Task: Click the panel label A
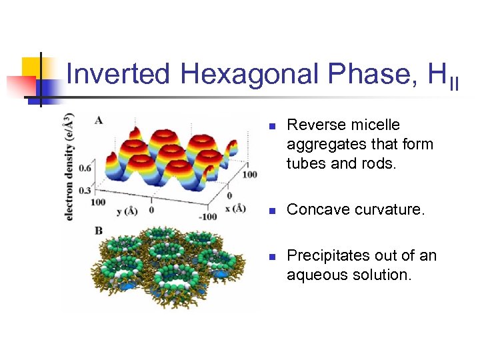99,120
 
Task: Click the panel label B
99,231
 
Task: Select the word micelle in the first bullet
379,125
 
